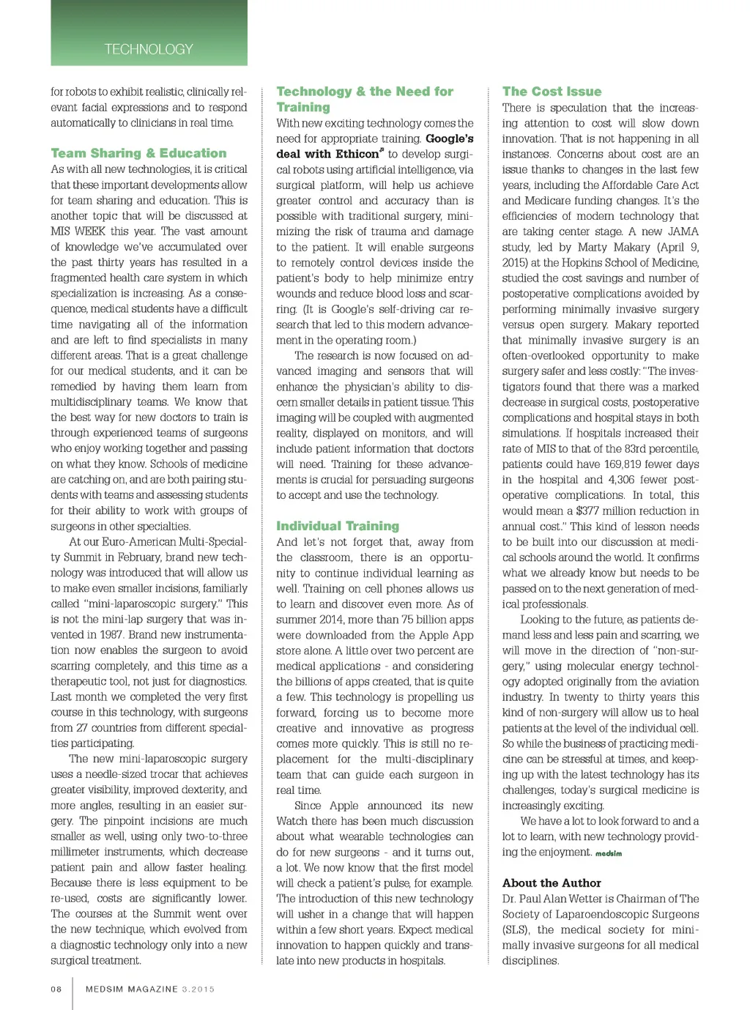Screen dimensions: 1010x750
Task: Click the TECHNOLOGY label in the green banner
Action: coord(149,49)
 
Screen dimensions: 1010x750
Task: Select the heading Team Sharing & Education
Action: coord(138,153)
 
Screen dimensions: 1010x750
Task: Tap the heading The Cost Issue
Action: coord(552,92)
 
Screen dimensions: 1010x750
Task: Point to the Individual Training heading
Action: coord(338,526)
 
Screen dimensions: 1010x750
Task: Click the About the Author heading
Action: coord(552,883)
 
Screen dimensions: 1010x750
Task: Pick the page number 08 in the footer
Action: coord(56,989)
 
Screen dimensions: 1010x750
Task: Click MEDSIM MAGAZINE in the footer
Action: coord(132,989)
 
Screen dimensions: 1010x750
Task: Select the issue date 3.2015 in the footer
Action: coord(198,989)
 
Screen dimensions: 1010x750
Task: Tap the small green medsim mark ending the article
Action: coord(609,853)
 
